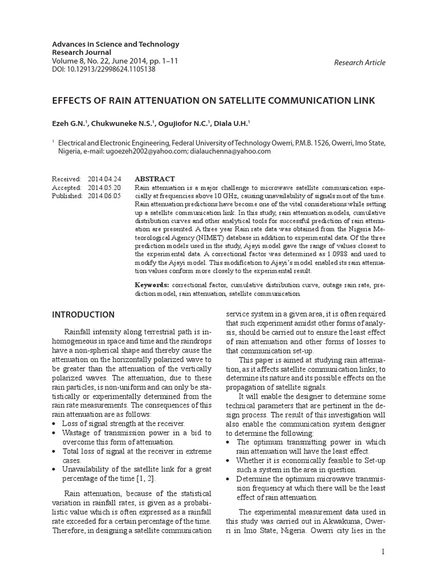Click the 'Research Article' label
(359, 63)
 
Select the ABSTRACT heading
(155, 179)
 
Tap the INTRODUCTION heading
(83, 314)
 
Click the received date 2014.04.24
(104, 179)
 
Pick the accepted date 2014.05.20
(104, 187)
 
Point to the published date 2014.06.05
(104, 196)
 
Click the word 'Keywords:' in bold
(152, 284)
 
